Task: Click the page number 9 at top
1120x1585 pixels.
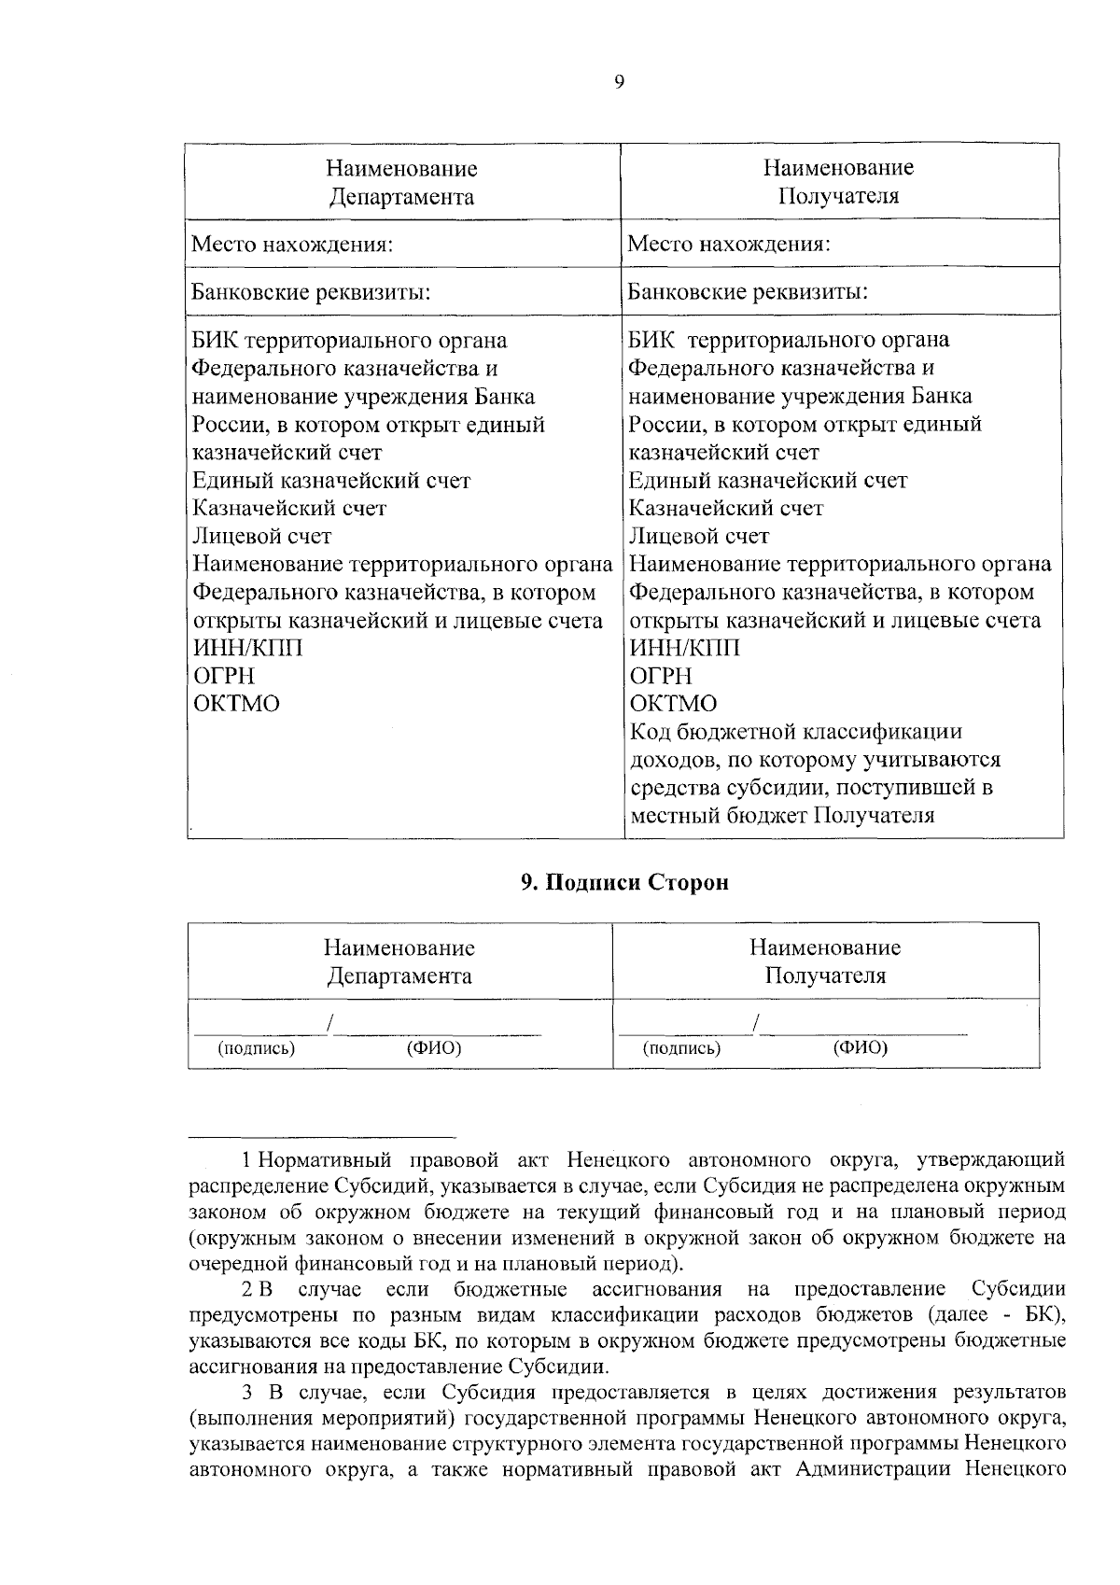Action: click(x=621, y=82)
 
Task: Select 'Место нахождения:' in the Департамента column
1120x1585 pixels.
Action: click(x=291, y=245)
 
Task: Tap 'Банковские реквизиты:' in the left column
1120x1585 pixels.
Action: click(x=311, y=292)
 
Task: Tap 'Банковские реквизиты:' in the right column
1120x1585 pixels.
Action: click(x=748, y=292)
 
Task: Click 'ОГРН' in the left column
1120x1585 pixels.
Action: click(x=223, y=676)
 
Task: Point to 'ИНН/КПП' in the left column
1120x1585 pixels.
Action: click(x=247, y=648)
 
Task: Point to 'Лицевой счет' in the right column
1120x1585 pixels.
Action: click(x=699, y=536)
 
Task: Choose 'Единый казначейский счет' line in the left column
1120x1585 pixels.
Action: click(x=331, y=481)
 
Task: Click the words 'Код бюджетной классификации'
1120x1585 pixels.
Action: click(x=796, y=732)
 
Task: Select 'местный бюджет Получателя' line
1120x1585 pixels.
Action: click(x=782, y=816)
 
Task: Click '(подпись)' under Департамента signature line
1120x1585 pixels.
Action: click(x=256, y=1048)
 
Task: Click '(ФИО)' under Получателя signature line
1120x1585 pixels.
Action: click(x=860, y=1047)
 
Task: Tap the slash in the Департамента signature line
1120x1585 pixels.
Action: click(x=330, y=1025)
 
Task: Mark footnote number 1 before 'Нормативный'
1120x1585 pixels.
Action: click(x=246, y=1160)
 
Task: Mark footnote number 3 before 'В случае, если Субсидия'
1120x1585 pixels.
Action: click(x=247, y=1394)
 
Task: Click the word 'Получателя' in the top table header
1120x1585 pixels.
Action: click(x=838, y=196)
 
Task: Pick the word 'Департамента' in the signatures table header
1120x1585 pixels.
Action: click(x=399, y=976)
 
